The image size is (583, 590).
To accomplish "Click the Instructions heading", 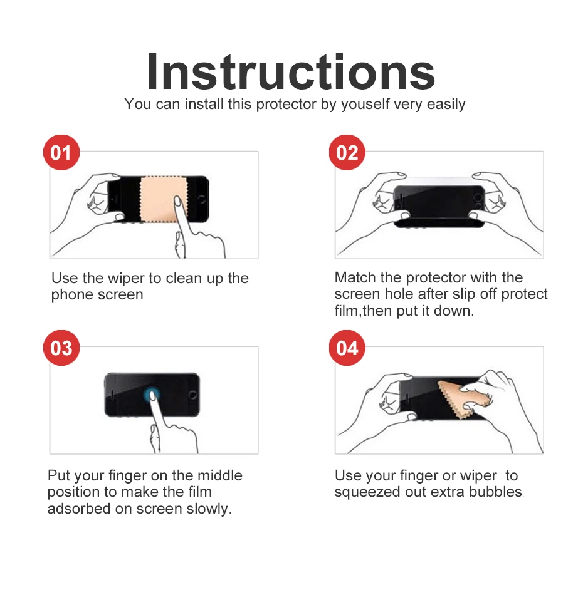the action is tap(291, 72).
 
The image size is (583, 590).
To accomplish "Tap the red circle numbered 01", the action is tap(61, 152).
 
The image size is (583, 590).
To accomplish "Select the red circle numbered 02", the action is tap(347, 152).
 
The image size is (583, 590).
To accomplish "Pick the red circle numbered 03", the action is tap(61, 348).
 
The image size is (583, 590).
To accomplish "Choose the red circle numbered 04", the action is tap(347, 348).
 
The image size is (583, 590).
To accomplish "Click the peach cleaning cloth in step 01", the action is tap(164, 199).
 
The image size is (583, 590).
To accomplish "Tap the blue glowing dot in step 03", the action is tap(152, 395).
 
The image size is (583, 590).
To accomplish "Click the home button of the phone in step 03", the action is tap(192, 395).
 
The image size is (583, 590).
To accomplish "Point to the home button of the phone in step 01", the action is tap(201, 199).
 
